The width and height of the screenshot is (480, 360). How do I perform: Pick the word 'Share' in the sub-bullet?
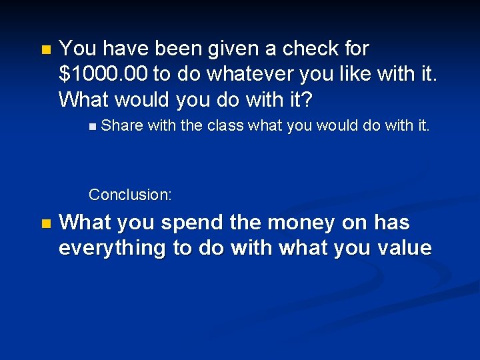122,125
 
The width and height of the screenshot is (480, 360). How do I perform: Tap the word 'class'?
225,125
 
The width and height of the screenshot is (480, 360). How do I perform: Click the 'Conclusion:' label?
130,195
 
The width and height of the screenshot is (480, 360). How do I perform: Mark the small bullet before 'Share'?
91,126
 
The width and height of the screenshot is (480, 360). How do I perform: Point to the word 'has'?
392,223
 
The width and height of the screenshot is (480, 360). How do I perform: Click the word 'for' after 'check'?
355,49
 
